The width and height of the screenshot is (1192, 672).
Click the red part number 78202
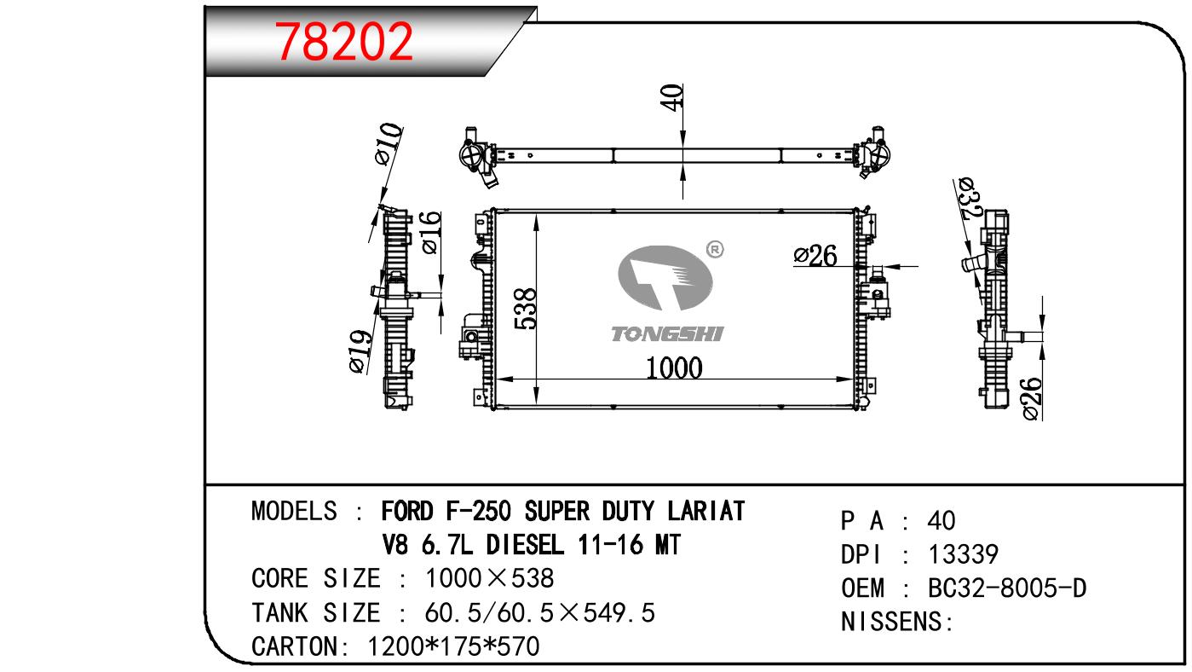pyautogui.click(x=343, y=41)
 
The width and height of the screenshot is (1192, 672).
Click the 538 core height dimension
pyautogui.click(x=526, y=309)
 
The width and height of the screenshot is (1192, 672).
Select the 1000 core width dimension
pyautogui.click(x=674, y=368)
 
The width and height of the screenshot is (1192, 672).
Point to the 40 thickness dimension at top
pyautogui.click(x=672, y=97)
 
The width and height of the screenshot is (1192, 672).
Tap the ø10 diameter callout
pyautogui.click(x=389, y=144)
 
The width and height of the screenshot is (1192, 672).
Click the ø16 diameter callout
pyautogui.click(x=431, y=232)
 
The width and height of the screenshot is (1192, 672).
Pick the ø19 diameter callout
pyautogui.click(x=360, y=351)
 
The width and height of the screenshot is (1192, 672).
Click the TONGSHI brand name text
pyautogui.click(x=667, y=334)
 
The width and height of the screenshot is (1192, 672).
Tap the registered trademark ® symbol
pyautogui.click(x=715, y=249)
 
